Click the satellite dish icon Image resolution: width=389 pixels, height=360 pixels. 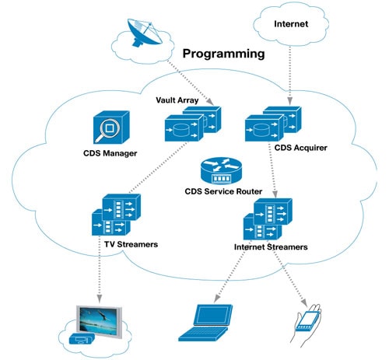(143, 33)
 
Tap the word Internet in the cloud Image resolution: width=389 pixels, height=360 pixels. (291, 24)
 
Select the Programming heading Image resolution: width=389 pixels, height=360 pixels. (224, 54)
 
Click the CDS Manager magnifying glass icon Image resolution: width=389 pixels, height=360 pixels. (111, 128)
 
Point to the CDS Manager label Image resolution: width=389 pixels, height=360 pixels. (110, 153)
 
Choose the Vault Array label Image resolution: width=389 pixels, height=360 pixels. (177, 100)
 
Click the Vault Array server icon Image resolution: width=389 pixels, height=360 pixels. (193, 124)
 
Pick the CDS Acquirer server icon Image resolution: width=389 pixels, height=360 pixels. (273, 124)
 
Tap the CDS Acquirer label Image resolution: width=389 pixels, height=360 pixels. (301, 148)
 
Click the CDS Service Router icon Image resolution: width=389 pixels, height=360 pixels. (221, 171)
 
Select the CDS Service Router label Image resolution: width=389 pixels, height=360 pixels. (223, 191)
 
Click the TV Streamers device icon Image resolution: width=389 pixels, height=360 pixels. (117, 215)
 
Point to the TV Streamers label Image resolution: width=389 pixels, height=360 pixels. (131, 244)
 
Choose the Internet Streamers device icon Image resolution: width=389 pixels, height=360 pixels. (268, 219)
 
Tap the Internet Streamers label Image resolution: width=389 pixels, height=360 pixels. (271, 247)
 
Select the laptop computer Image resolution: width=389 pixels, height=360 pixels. (205, 323)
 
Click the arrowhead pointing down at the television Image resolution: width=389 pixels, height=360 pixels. (99, 299)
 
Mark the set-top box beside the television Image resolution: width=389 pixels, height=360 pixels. (82, 338)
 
